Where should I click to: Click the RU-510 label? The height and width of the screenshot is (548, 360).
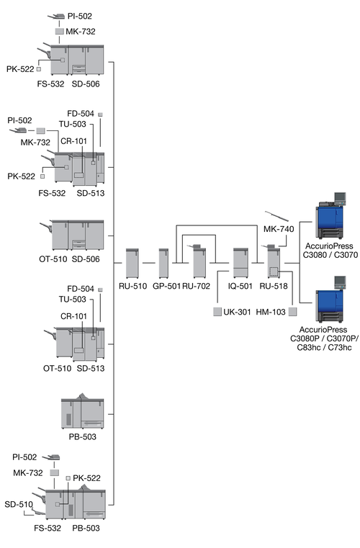[x=132, y=286]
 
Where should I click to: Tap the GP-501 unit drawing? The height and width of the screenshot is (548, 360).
[x=163, y=263]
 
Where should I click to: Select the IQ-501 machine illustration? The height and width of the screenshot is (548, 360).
[x=240, y=263]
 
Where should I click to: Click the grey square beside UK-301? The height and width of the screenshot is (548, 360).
[x=217, y=311]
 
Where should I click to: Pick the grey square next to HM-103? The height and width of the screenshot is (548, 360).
[x=292, y=311]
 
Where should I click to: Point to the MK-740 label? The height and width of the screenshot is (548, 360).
[x=279, y=229]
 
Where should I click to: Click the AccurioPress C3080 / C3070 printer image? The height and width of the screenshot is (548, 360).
[x=330, y=215]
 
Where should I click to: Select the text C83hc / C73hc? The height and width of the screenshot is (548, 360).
[x=324, y=347]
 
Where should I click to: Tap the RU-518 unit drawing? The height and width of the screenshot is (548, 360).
[x=274, y=262]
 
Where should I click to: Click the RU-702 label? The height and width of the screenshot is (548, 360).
[x=196, y=286]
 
